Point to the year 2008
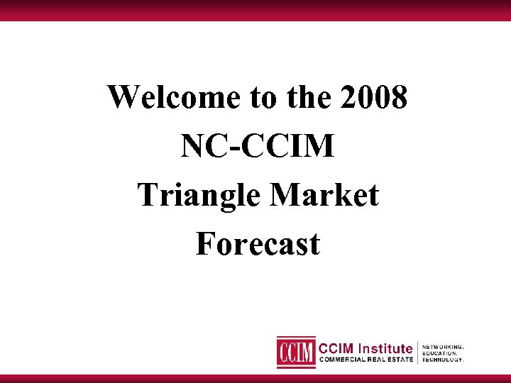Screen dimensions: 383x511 (374, 97)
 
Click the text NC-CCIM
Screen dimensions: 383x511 (257, 146)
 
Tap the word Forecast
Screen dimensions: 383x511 (257, 244)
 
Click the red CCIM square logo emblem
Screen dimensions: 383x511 (296, 352)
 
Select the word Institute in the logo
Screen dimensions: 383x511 (385, 348)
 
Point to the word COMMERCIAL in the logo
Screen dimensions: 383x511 (346, 360)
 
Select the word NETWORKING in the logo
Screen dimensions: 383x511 (443, 347)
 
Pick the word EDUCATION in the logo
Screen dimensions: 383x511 (440, 353)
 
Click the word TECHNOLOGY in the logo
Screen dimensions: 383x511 (443, 360)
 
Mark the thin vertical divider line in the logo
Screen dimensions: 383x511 (417, 353)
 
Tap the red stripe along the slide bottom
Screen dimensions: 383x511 (255, 378)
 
